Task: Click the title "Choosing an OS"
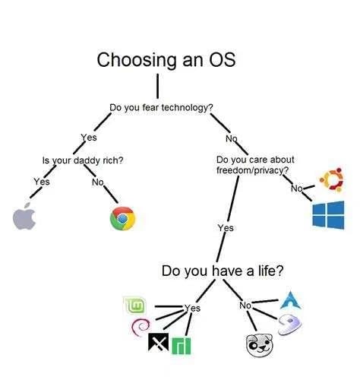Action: (x=166, y=60)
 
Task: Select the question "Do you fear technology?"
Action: (x=161, y=107)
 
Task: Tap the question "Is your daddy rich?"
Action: (x=83, y=160)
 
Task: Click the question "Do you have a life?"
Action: (x=223, y=271)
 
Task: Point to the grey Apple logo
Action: (x=24, y=216)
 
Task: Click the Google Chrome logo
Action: (x=123, y=218)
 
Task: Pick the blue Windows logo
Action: (x=328, y=215)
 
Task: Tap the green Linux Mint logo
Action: (x=134, y=305)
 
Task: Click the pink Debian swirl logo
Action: (x=141, y=327)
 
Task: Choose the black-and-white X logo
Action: (x=158, y=342)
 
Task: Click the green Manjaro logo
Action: (x=181, y=346)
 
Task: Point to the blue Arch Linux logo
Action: (x=290, y=300)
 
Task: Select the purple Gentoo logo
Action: (x=290, y=325)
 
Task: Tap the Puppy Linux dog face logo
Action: (x=260, y=345)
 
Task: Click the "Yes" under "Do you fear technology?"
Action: (x=89, y=138)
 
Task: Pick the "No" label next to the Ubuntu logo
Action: (x=297, y=188)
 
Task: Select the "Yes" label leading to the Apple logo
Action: (x=42, y=182)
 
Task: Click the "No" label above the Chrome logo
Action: (x=98, y=182)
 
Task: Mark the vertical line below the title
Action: (x=157, y=86)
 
